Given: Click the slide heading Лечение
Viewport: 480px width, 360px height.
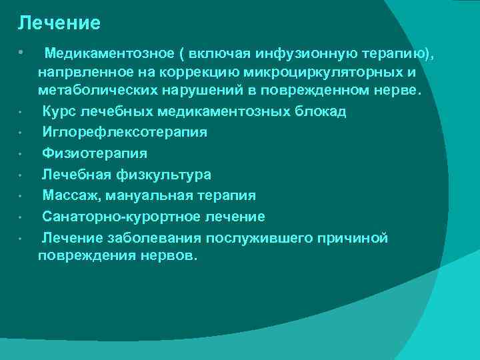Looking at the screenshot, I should [59, 23].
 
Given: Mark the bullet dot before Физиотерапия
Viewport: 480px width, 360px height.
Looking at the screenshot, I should [22, 154].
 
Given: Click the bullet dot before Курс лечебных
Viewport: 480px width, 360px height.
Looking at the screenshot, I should [22, 112].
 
